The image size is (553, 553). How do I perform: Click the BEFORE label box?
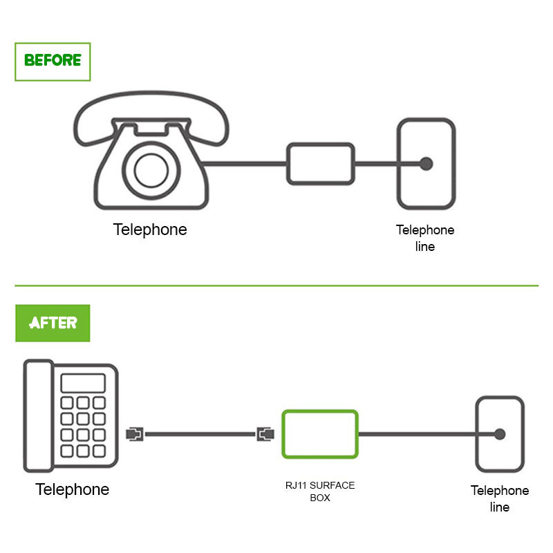point(53,62)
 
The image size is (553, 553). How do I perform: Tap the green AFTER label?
point(53,322)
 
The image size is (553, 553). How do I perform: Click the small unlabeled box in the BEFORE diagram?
point(321,164)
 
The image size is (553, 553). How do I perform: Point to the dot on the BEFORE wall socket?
point(426,164)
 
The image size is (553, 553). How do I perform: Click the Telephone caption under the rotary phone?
point(150,229)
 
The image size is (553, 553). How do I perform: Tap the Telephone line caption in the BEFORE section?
point(425,238)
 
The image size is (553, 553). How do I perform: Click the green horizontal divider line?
point(276,285)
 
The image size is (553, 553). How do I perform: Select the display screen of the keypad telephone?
point(82,383)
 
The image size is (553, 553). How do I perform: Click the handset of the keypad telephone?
point(38,415)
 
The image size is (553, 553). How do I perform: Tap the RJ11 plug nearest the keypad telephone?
point(135,434)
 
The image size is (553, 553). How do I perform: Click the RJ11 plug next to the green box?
point(265,434)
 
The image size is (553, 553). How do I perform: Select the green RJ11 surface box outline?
point(320,434)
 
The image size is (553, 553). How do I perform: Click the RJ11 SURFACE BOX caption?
point(320,491)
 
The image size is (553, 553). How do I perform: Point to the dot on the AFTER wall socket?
point(499,434)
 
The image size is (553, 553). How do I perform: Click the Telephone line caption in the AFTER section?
point(500,498)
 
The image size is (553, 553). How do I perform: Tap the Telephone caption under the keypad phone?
point(73,489)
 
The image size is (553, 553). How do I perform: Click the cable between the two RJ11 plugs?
point(200,434)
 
